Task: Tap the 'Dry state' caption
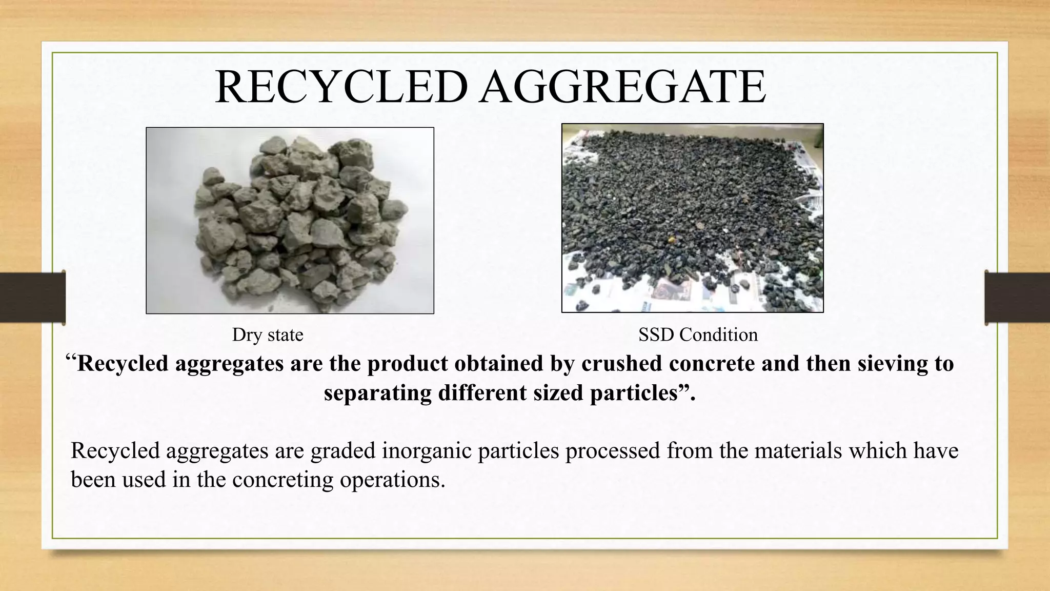268,335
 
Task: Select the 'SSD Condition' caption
698,335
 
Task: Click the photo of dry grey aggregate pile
290,221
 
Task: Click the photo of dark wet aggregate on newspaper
692,218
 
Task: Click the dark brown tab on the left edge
32,298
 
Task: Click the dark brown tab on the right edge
1017,298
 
